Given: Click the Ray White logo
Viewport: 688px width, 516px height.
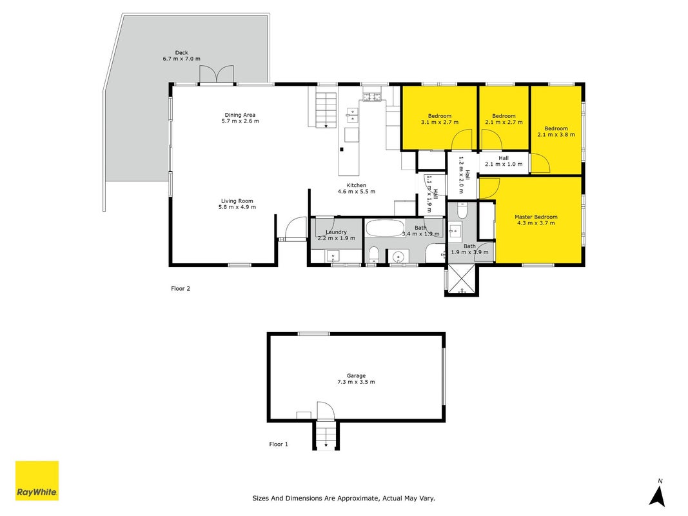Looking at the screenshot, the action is coord(37,481).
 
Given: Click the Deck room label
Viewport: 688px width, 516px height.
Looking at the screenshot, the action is coord(182,53).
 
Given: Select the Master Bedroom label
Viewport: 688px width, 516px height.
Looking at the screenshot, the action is coord(536,217).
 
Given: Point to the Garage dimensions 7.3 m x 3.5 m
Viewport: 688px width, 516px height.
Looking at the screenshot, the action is coord(356,382).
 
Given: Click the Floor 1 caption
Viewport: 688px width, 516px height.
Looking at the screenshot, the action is coord(279,444).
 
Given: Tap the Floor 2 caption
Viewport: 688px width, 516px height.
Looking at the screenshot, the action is coord(181,288).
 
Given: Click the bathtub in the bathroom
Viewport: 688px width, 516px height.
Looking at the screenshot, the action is coord(385,228).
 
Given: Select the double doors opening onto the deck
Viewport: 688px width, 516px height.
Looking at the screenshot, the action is coord(216,74).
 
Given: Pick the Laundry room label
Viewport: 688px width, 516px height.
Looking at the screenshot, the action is coord(336,232).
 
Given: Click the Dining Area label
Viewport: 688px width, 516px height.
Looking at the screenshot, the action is coord(240,115).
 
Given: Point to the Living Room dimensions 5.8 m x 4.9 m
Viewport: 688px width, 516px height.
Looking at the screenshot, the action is coord(237,207).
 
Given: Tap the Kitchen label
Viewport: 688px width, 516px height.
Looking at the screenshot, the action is coord(357,185).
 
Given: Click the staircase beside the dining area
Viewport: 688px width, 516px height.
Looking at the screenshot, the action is coord(326,110).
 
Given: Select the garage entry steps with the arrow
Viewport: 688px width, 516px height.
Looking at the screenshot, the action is coord(326,435).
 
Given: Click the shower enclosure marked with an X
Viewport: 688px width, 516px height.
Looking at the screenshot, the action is coord(461,279).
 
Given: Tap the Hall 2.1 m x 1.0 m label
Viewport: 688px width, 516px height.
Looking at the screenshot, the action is coord(504,161).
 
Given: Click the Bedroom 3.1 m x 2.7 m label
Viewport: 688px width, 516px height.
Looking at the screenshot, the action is coord(440,119).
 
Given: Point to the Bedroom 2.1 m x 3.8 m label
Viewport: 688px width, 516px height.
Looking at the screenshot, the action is coord(556,132).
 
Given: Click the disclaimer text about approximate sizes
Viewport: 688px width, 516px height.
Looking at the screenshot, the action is coord(344,498).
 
